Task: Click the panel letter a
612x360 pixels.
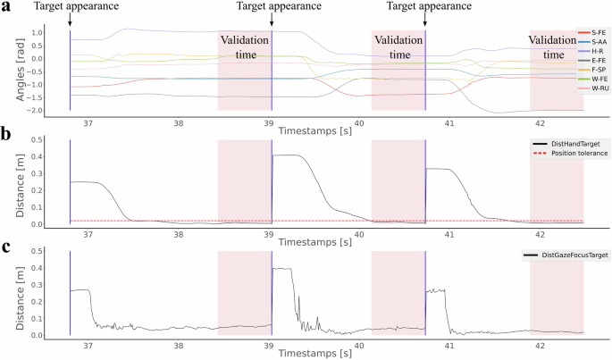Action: tap(7, 7)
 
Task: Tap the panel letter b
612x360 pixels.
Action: tap(7, 135)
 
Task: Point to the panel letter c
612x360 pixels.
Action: tap(7, 249)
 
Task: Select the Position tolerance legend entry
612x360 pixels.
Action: tap(563, 154)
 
